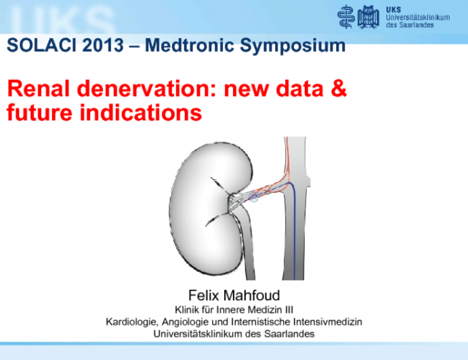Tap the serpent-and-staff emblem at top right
pos(347,16)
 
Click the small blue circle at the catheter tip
pos(254,198)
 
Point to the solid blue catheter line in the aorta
pos(293,230)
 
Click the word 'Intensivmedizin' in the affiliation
pos(324,321)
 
